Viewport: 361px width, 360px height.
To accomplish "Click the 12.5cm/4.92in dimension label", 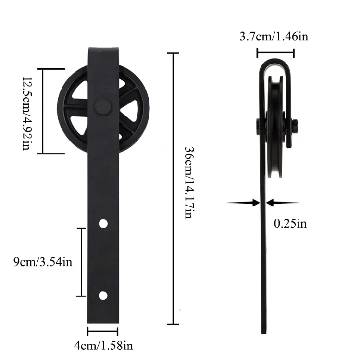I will pyautogui.click(x=27, y=112).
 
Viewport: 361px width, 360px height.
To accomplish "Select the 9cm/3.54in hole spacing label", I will pyautogui.click(x=43, y=262).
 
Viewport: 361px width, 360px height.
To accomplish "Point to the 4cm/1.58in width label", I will pyautogui.click(x=103, y=345).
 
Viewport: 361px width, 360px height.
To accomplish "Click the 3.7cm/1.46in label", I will pyautogui.click(x=274, y=37).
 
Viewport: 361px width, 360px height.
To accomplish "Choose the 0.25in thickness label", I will pyautogui.click(x=290, y=223).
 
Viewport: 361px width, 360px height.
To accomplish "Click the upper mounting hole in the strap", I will pyautogui.click(x=103, y=223).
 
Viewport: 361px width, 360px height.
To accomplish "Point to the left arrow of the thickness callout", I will pyautogui.click(x=244, y=203).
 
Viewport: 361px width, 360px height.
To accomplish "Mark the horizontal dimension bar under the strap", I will pyautogui.click(x=102, y=331).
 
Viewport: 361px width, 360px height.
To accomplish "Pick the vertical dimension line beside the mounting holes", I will pyautogui.click(x=82, y=262).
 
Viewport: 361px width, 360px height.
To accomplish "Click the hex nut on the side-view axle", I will pyautogui.click(x=295, y=126).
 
